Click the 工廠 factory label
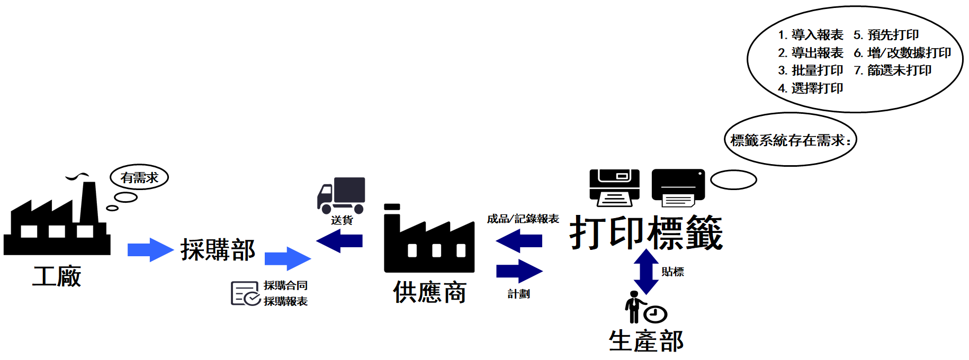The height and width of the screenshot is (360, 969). point(57,276)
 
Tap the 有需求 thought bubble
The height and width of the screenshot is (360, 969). point(139,178)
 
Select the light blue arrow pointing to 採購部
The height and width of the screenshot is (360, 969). point(150,250)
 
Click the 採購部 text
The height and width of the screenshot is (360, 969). point(218,250)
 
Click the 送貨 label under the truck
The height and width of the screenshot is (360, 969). point(342,220)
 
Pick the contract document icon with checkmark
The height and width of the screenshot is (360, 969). point(245,294)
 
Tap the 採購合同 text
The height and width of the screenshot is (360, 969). point(285,286)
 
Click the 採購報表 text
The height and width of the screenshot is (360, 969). point(285,301)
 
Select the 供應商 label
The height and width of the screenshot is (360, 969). point(429,292)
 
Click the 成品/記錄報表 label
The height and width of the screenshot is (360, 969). point(523,219)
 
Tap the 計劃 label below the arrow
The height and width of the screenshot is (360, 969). point(518,294)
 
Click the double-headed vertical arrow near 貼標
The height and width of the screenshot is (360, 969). point(646,272)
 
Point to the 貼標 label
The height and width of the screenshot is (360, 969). point(672,272)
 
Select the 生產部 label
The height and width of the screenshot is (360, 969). point(646,341)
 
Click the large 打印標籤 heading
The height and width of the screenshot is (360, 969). point(646,233)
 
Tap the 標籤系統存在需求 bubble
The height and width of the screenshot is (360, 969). point(790,140)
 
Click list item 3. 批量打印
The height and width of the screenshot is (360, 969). point(810,70)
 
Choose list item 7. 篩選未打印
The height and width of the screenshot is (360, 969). point(893,70)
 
